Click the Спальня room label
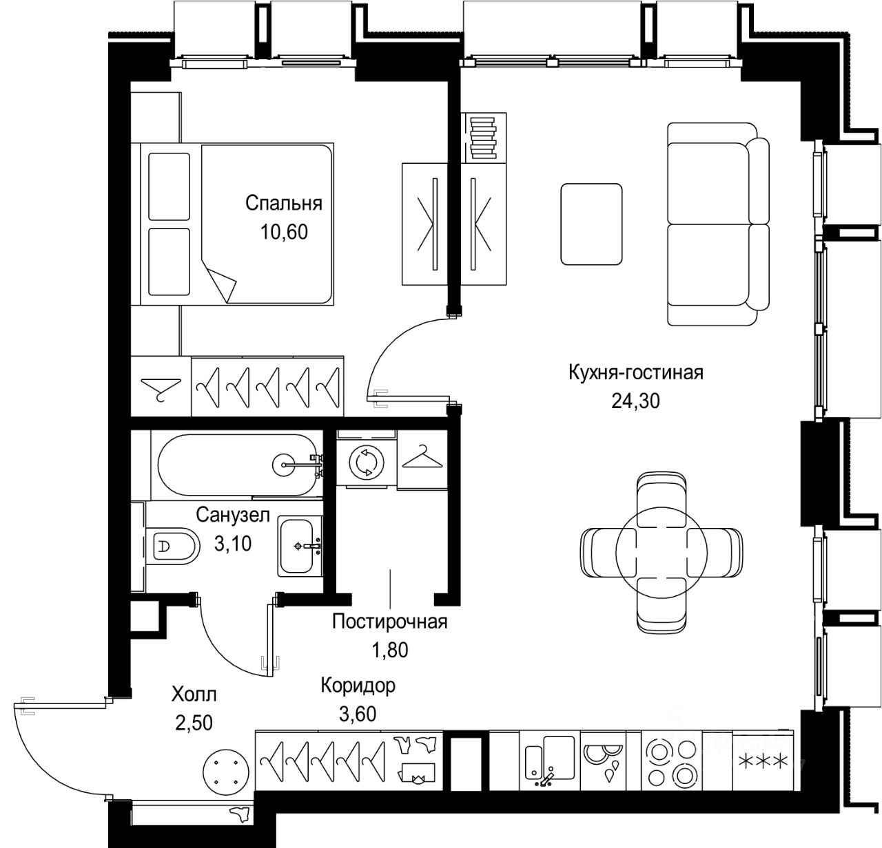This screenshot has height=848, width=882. point(283,203)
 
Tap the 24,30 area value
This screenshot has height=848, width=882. point(635,401)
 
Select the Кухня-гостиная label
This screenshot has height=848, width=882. point(635,372)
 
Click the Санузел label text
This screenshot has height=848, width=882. point(232,515)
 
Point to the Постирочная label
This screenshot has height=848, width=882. point(389,622)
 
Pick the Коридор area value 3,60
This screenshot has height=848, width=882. point(357,714)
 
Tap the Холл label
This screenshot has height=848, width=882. point(194,694)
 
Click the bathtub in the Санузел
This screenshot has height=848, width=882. point(238,465)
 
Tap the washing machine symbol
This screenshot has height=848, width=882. point(366,463)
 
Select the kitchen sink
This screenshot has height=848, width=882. point(549,763)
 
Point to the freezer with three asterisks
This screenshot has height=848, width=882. point(763,763)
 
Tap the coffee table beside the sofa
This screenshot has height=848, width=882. point(591,224)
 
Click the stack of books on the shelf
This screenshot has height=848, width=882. point(483,138)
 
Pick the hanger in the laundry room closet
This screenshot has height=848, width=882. point(422,457)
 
